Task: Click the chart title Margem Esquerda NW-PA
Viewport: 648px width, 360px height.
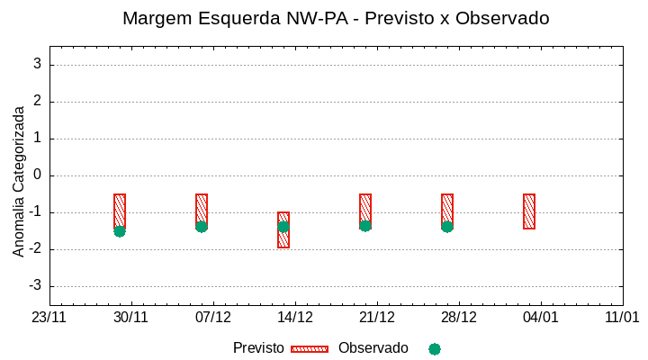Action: pyautogui.click(x=336, y=18)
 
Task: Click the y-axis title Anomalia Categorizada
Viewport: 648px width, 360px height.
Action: pyautogui.click(x=19, y=181)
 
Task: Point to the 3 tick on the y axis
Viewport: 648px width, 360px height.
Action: pyautogui.click(x=38, y=64)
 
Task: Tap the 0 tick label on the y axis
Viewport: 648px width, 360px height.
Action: pyautogui.click(x=38, y=175)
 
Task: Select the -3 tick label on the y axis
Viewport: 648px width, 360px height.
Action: pyautogui.click(x=35, y=286)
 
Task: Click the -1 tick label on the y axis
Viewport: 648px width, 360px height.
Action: pyautogui.click(x=35, y=212)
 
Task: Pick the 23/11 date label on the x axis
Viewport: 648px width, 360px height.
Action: pyautogui.click(x=49, y=318)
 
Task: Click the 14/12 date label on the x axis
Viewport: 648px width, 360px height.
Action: pyautogui.click(x=295, y=318)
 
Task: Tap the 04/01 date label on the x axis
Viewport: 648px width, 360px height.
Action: pyautogui.click(x=541, y=318)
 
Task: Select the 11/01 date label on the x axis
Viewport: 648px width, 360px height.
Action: pyautogui.click(x=622, y=318)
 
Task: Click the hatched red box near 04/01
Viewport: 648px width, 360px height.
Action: pyautogui.click(x=529, y=211)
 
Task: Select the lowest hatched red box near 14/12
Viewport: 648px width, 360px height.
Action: pyautogui.click(x=283, y=229)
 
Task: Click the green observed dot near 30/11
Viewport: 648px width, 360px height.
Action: pyautogui.click(x=120, y=231)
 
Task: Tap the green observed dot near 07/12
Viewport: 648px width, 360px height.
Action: pyautogui.click(x=202, y=227)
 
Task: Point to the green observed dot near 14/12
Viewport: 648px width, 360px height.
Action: pyautogui.click(x=283, y=227)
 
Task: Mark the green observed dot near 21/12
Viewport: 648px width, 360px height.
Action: pyautogui.click(x=365, y=226)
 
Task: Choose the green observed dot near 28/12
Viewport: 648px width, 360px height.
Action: pyautogui.click(x=447, y=227)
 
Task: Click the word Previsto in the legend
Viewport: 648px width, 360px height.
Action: pyautogui.click(x=258, y=348)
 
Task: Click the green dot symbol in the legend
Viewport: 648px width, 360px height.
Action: pyautogui.click(x=435, y=349)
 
